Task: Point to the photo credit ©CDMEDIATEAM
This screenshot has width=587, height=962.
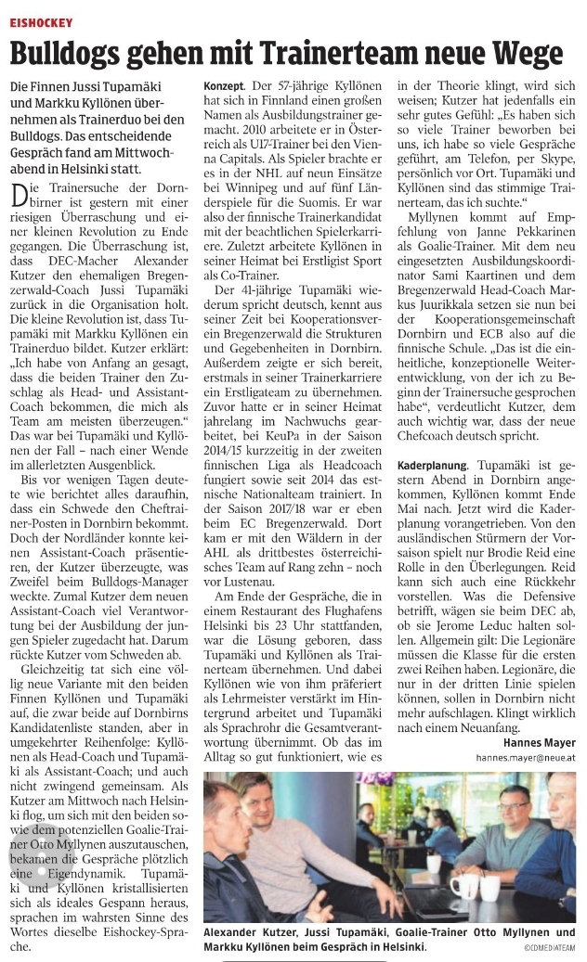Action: pyautogui.click(x=548, y=949)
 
